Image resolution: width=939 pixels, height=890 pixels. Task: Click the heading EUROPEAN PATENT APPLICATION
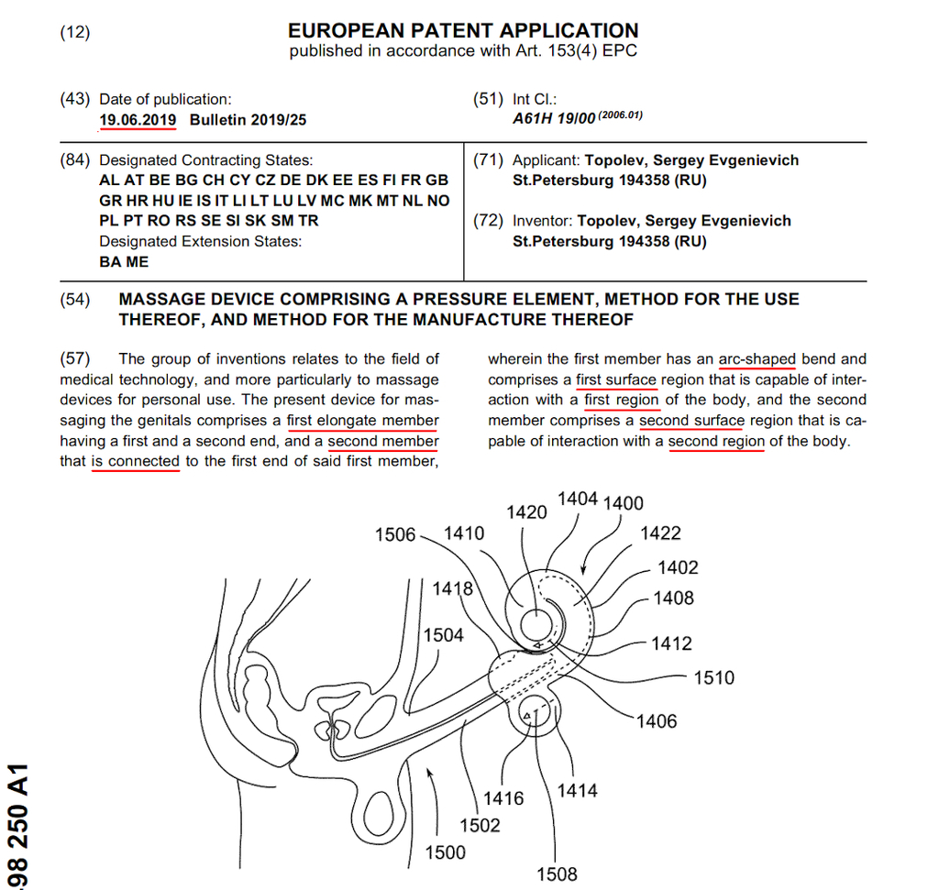(463, 29)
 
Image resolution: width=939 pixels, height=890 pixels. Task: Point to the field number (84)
(75, 160)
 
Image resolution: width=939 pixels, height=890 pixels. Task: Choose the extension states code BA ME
(124, 262)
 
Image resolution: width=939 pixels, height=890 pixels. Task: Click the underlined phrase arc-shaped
(757, 359)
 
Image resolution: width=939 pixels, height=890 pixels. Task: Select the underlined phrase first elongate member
(363, 421)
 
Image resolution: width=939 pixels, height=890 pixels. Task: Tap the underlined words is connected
(136, 461)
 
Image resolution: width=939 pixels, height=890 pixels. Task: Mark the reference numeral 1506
(395, 534)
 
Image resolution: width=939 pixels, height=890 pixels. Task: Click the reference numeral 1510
(713, 677)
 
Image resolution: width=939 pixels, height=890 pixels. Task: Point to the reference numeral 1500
(445, 852)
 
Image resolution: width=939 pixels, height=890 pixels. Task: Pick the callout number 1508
(558, 874)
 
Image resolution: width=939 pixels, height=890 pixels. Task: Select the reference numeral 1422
(660, 533)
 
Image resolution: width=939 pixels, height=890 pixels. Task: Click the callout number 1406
(657, 721)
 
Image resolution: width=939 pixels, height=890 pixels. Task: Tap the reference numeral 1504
(443, 634)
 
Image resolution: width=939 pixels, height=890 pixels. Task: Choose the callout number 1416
(503, 798)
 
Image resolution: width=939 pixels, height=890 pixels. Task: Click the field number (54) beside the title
(75, 300)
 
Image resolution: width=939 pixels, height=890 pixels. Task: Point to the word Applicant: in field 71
(546, 160)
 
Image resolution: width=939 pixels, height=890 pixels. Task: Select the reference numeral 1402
(678, 567)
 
